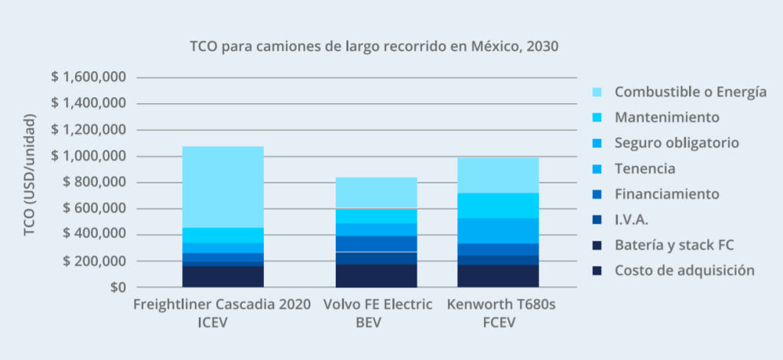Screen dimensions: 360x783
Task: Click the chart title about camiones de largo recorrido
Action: point(374,46)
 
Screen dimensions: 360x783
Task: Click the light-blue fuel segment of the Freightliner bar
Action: point(223,186)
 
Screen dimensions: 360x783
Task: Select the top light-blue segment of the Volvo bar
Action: point(375,193)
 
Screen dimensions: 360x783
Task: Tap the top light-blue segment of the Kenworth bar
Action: point(498,175)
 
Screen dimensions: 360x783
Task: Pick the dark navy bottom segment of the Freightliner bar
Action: point(223,276)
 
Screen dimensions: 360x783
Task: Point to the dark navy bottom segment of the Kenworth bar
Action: point(498,276)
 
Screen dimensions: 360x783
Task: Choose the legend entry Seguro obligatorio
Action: point(677,143)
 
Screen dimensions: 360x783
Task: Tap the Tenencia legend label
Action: point(645,168)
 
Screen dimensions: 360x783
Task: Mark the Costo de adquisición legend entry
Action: point(684,270)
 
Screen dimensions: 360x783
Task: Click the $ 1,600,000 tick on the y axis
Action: point(88,77)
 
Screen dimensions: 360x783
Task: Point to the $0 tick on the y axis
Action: point(115,287)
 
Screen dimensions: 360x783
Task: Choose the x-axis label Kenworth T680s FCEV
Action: point(501,313)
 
